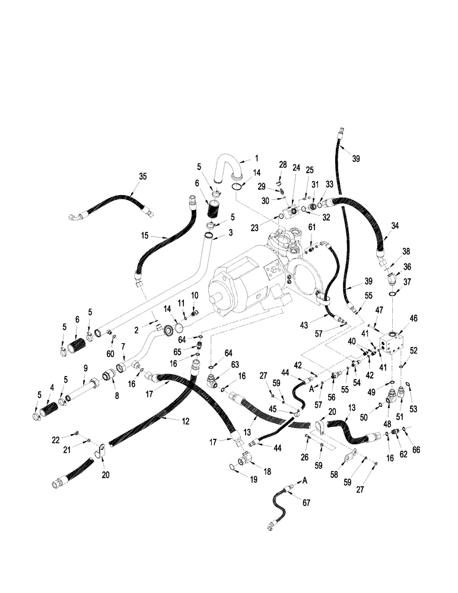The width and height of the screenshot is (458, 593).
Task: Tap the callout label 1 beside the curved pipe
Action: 257,158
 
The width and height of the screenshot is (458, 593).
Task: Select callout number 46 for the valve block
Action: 414,318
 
